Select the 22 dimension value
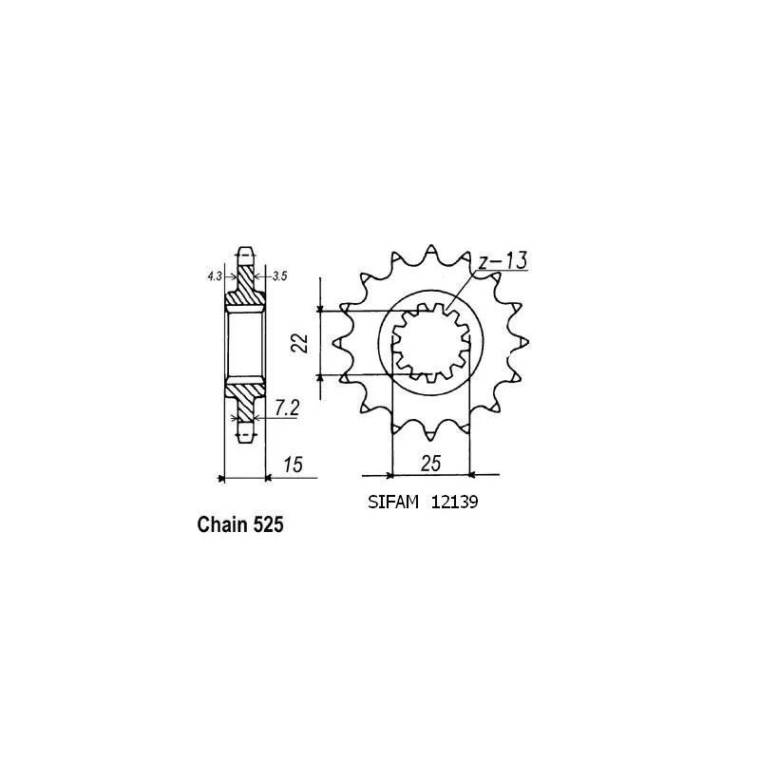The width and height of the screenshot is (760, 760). pos(301,343)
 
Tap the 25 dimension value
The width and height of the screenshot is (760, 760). pos(430,464)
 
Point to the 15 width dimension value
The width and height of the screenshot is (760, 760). pos(293,465)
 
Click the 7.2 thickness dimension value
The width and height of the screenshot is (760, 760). pos(287,408)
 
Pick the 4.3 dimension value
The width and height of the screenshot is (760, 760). pos(215,276)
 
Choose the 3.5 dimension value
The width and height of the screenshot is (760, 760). pos(279,276)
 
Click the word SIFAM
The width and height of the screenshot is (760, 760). pos(392,503)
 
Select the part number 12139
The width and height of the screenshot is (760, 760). pos(454,503)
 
